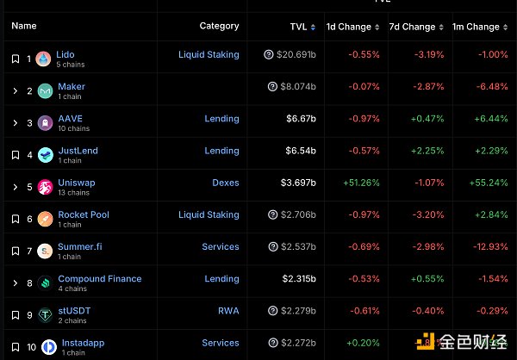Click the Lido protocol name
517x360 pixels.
(65, 54)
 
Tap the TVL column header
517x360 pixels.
(298, 27)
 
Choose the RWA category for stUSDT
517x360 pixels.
(228, 311)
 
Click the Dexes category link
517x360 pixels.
(225, 183)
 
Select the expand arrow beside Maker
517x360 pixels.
(15, 91)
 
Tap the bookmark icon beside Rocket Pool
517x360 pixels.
(15, 220)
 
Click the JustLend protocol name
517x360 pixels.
(78, 151)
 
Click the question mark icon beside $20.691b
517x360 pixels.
(269, 55)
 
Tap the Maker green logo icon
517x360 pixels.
(45, 91)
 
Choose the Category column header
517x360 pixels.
(219, 26)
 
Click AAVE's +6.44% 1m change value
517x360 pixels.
(489, 119)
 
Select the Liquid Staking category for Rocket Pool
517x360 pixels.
(209, 214)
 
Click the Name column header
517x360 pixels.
(24, 26)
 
